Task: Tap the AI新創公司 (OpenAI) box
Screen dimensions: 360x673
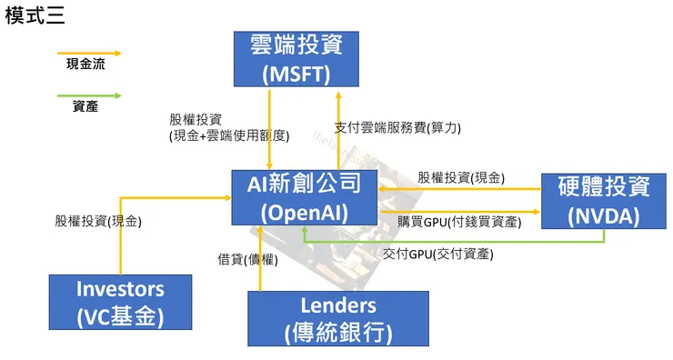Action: tap(305, 197)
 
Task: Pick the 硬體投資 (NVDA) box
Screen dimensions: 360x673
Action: tap(604, 201)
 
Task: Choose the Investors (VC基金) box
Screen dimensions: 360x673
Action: tap(120, 302)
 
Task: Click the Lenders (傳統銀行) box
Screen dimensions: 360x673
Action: tap(337, 318)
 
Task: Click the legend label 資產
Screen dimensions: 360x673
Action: tap(85, 106)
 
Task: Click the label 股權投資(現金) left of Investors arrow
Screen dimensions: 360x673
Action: tap(98, 220)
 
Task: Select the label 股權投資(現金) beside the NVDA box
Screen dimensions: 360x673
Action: tap(461, 177)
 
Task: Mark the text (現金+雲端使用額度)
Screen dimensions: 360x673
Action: tap(229, 135)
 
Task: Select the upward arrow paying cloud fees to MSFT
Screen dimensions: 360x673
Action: tap(338, 127)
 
